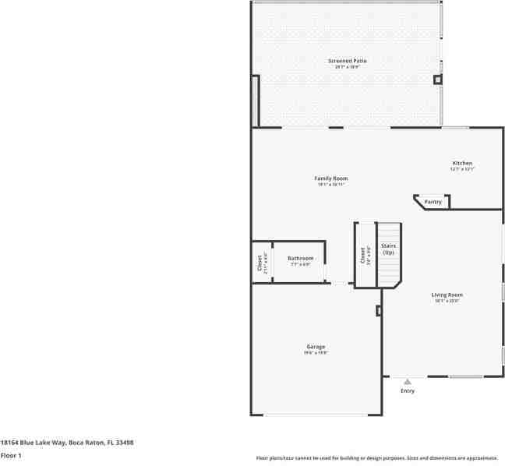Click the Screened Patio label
[347, 60]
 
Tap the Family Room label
[330, 178]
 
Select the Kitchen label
[461, 163]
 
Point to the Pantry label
[433, 202]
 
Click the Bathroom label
[300, 258]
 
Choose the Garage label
[316, 346]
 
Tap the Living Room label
[447, 295]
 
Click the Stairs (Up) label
[388, 249]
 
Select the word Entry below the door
[408, 390]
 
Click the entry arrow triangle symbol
[407, 382]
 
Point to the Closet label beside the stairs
[362, 255]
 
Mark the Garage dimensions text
[316, 353]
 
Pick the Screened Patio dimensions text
[347, 67]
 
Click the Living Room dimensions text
[447, 301]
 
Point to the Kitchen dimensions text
[461, 169]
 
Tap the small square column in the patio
[437, 79]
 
